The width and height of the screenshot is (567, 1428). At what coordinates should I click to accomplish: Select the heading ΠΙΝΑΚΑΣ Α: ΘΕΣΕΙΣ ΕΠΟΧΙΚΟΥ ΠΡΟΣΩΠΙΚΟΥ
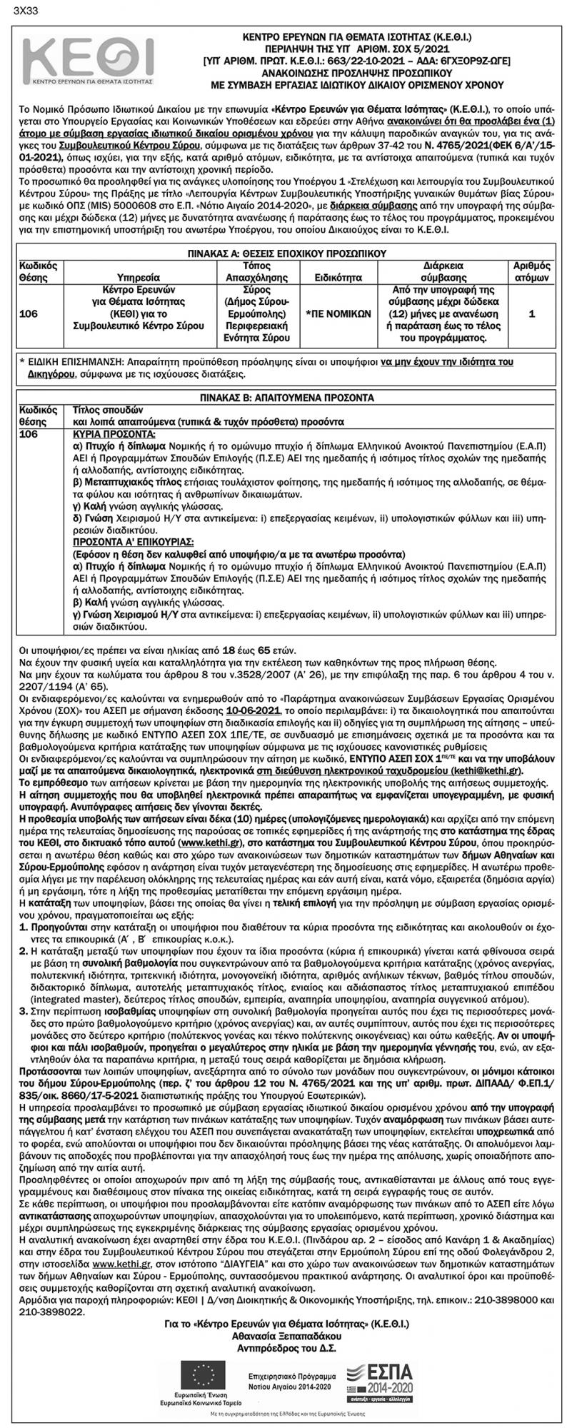[283, 252]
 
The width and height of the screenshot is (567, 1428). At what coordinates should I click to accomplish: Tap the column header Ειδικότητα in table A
[334, 275]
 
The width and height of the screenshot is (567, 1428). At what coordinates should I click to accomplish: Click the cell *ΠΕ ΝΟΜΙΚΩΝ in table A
[334, 312]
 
